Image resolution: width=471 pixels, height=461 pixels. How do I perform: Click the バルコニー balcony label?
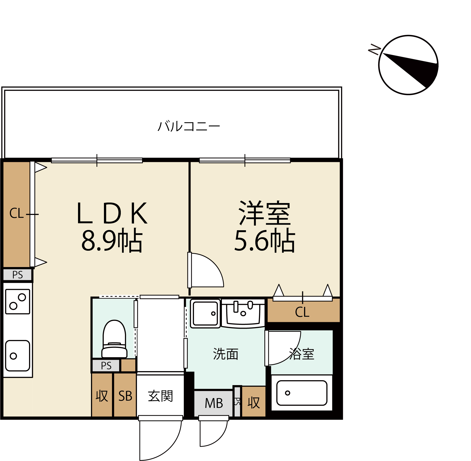coord(189,126)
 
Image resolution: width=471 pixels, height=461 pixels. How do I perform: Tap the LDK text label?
coord(112,213)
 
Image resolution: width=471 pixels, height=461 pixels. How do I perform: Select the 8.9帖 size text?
coord(112,240)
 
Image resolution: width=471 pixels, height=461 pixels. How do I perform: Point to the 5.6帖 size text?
coord(265,240)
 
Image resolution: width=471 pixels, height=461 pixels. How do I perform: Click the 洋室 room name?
coord(264,213)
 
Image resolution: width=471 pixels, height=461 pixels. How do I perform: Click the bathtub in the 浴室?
coord(302,393)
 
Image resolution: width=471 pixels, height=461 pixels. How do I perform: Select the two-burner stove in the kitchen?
coord(18,301)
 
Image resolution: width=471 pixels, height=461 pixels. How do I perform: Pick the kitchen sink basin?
coord(18,356)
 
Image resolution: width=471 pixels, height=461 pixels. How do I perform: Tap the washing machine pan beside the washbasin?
coord(205,313)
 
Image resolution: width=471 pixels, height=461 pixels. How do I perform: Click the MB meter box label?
coord(214,403)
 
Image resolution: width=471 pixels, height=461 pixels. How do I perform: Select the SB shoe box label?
coord(125,396)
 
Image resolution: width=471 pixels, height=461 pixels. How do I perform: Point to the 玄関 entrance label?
coord(160,396)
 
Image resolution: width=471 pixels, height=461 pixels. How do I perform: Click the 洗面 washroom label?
coord(226,354)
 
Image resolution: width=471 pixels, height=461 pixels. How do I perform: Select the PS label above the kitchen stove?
coord(18,275)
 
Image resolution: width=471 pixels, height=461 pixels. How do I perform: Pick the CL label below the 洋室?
coord(302,312)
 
